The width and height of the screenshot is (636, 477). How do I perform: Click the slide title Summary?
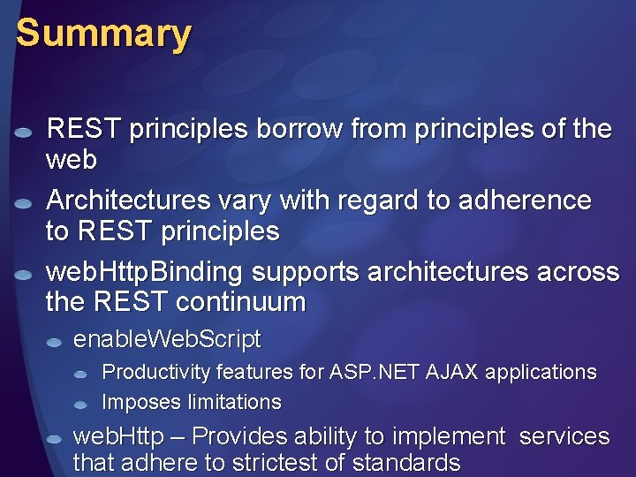tap(103, 34)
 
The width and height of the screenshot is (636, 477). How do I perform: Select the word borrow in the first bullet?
tap(299, 129)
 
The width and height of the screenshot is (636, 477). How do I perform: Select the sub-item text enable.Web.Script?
tap(167, 339)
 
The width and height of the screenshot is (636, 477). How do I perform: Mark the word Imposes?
tap(140, 403)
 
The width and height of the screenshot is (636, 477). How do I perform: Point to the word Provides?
tap(234, 436)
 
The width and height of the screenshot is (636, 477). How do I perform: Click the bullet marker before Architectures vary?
tap(24, 203)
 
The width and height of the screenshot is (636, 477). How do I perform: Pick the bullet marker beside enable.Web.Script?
tap(55, 342)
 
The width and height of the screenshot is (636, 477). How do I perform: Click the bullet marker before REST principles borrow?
tap(24, 132)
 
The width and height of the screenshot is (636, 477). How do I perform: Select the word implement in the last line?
tap(451, 436)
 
